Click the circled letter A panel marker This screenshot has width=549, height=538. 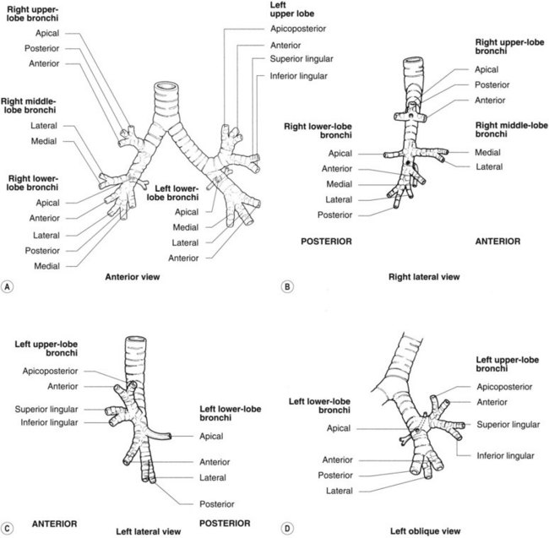8,286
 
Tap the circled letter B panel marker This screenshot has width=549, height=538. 288,286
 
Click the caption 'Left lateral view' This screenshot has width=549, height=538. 148,531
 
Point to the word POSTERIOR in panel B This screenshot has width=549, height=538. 325,241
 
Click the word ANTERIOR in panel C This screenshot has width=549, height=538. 55,523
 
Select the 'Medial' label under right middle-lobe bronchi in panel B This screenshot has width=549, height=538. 465,152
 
